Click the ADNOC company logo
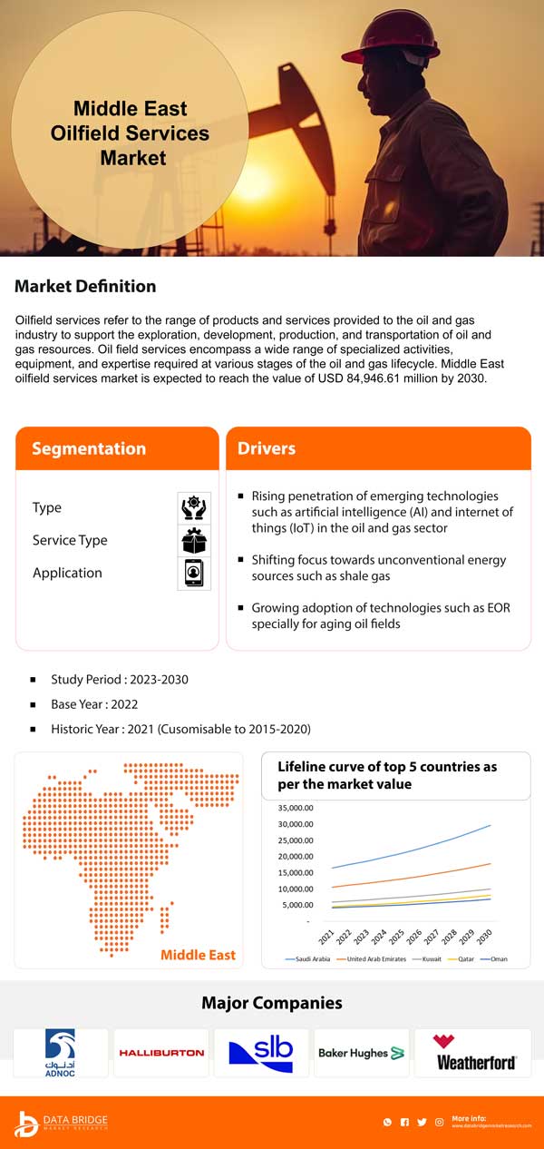tap(61, 1052)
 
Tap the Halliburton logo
tap(161, 1053)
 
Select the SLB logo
tap(261, 1053)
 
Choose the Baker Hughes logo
tap(361, 1053)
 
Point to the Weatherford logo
tap(476, 1053)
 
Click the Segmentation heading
tap(89, 448)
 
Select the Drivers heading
tap(267, 448)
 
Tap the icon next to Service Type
tap(194, 540)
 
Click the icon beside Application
tap(194, 573)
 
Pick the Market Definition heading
tap(85, 287)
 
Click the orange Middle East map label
tap(198, 954)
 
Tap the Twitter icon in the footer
tap(422, 1123)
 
